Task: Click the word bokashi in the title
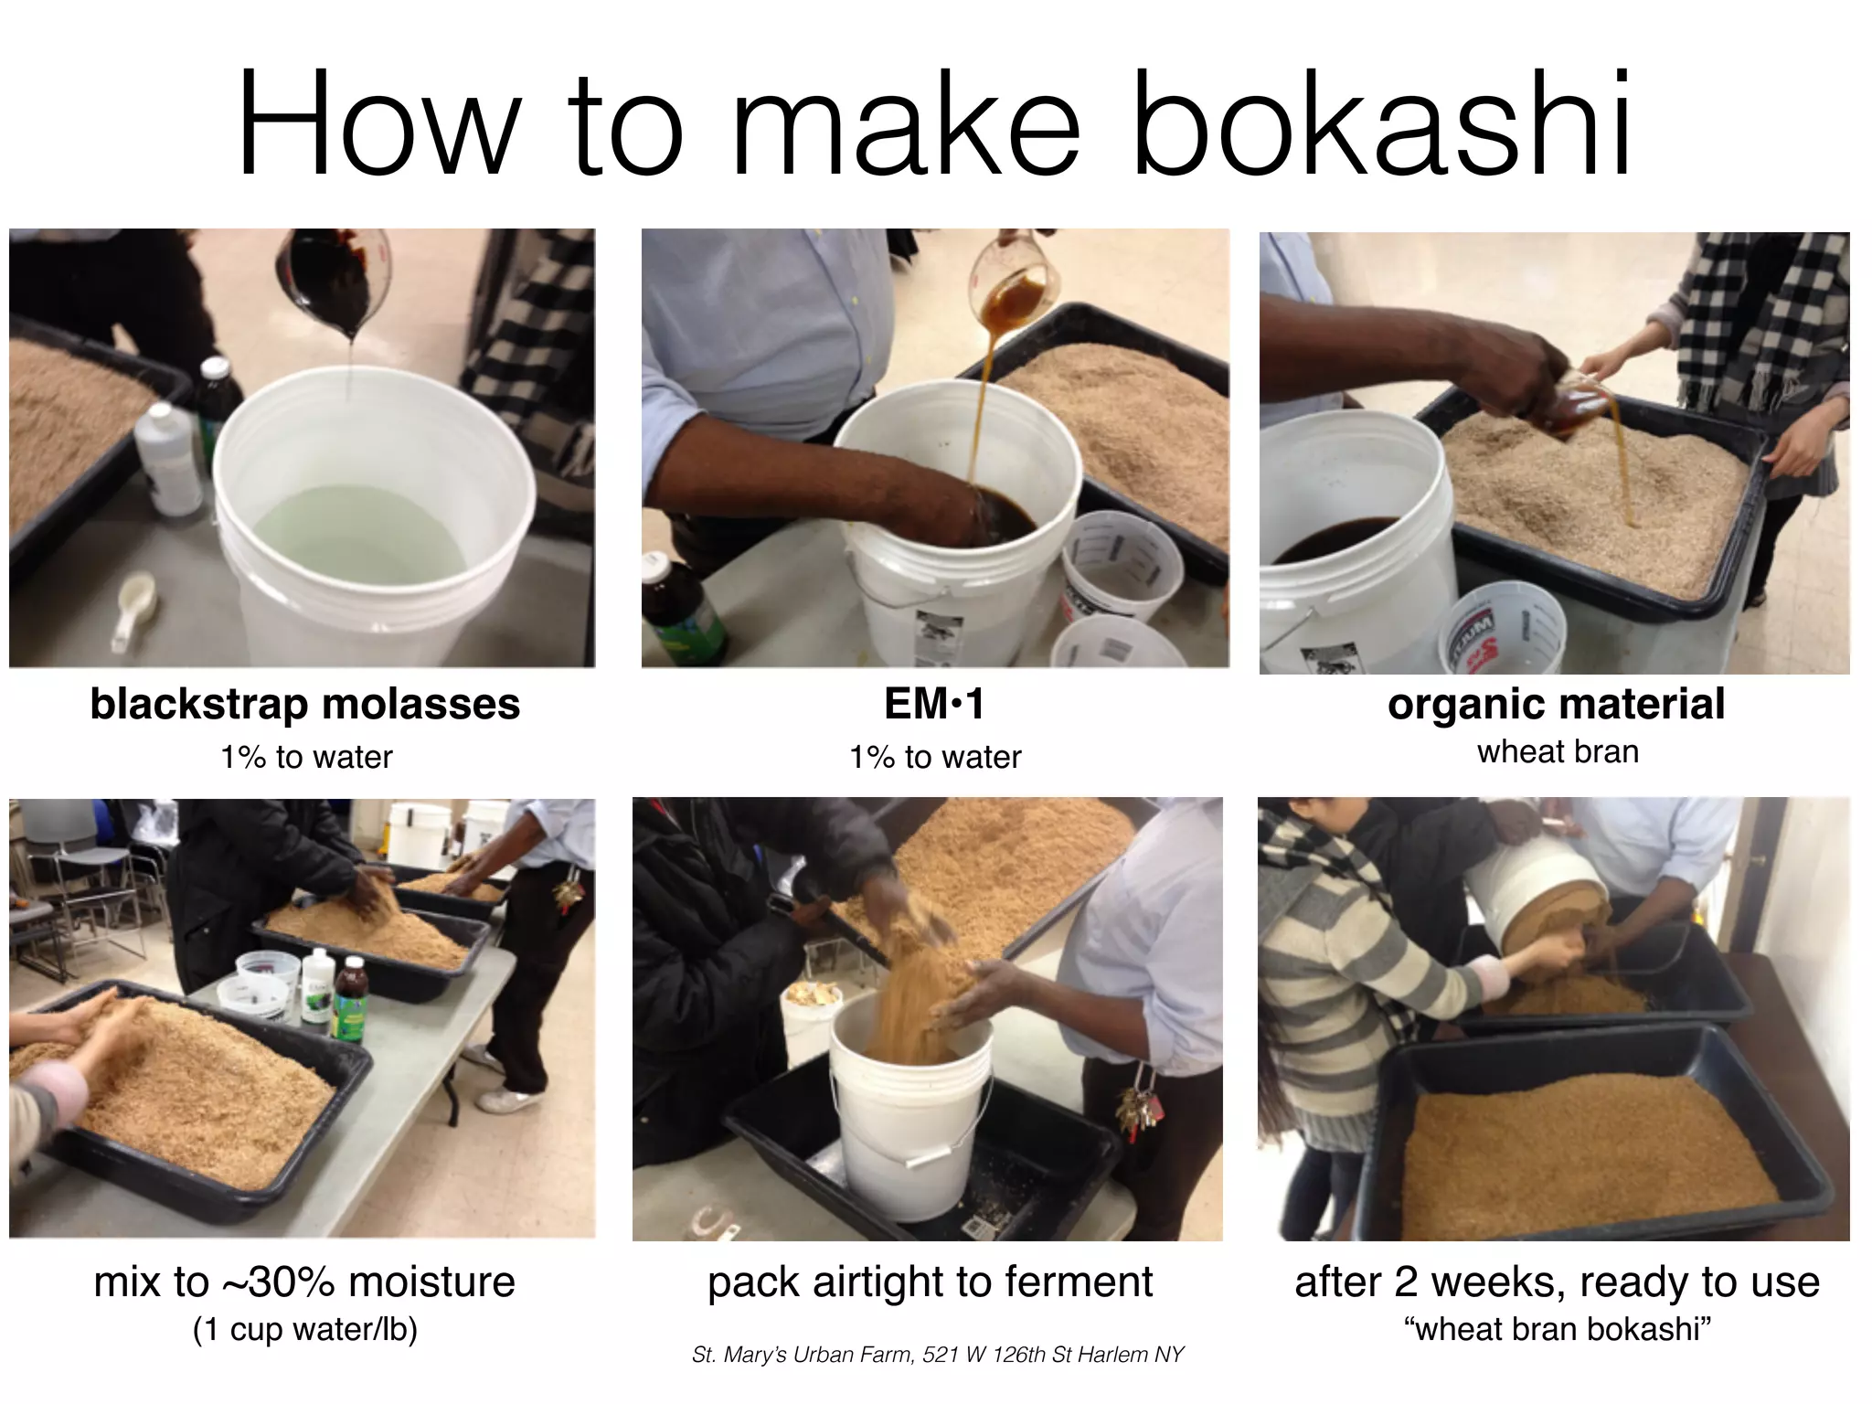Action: coord(1380,123)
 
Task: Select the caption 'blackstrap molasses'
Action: coord(305,704)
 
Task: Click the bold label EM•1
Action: coord(934,704)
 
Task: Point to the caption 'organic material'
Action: coord(1556,704)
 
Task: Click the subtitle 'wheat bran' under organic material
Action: coord(1558,751)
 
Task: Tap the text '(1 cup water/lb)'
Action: coord(305,1329)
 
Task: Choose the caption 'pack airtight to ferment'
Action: coord(930,1282)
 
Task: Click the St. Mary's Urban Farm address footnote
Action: coord(938,1354)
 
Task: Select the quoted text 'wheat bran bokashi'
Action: coord(1558,1329)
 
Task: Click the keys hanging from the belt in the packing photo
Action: coord(1138,1111)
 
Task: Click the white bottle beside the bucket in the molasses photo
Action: coord(169,462)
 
